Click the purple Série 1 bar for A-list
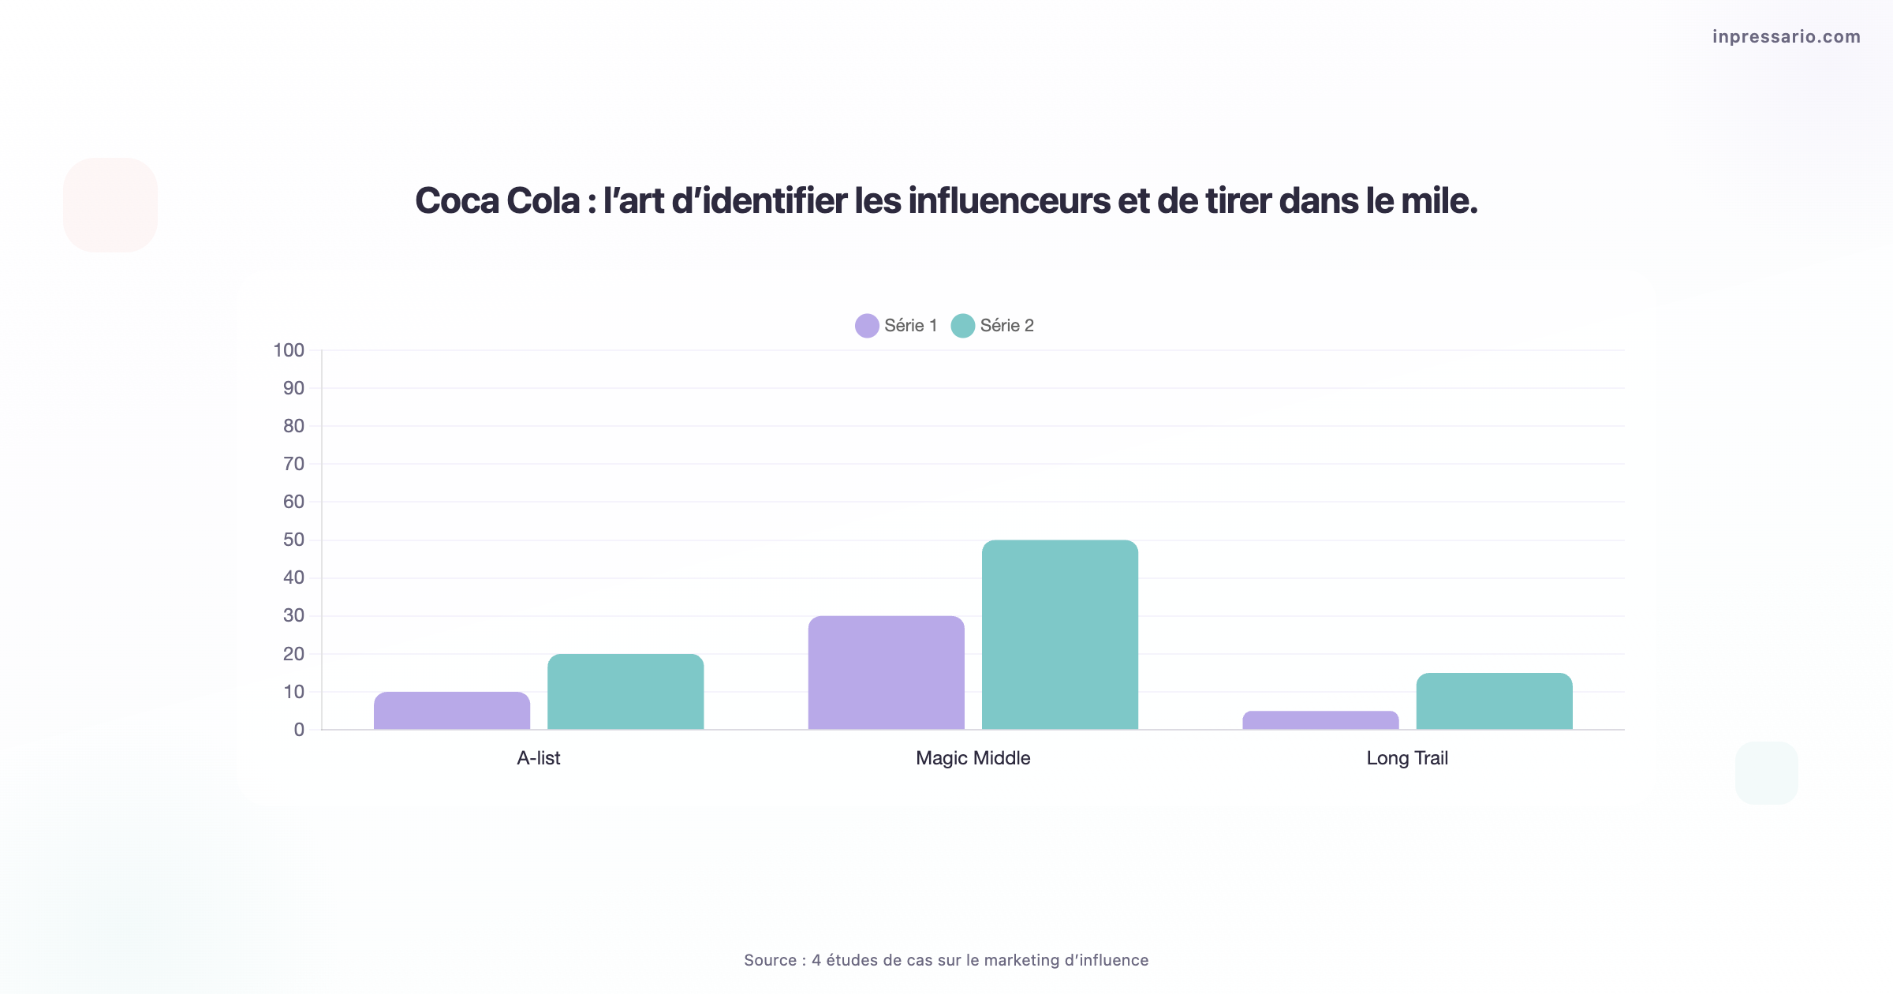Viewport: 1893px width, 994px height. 452,711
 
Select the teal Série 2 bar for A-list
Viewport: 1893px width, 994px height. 625,692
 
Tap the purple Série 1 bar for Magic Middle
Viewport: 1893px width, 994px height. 886,673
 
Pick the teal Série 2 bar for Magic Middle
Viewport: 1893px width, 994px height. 1059,635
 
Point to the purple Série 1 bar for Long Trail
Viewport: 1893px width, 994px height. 1320,720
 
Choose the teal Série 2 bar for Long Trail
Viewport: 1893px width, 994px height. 1494,701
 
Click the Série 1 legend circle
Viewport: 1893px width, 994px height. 867,326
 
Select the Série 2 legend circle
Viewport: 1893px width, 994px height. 962,326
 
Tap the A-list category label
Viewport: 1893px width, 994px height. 539,758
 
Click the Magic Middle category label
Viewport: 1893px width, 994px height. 973,758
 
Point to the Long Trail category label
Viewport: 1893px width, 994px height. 1407,758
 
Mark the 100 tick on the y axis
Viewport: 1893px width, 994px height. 289,350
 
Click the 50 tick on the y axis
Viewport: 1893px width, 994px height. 293,540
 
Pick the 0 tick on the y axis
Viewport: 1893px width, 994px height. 299,730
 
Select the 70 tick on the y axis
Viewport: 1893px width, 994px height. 293,464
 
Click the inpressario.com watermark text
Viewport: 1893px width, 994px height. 1786,36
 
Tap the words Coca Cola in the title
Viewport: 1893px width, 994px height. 497,201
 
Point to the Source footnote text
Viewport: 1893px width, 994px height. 946,960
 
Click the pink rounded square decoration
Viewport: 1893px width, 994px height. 110,205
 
